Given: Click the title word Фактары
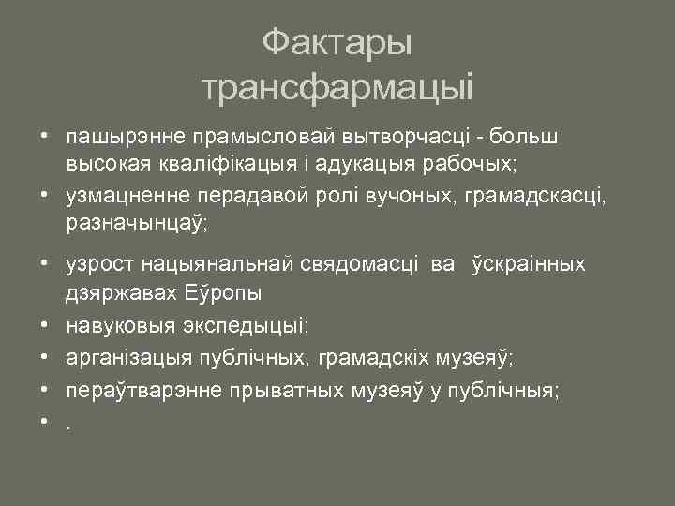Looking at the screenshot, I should point(337,42).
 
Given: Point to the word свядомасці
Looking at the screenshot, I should point(365,265).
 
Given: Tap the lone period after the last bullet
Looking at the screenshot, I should point(68,422).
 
